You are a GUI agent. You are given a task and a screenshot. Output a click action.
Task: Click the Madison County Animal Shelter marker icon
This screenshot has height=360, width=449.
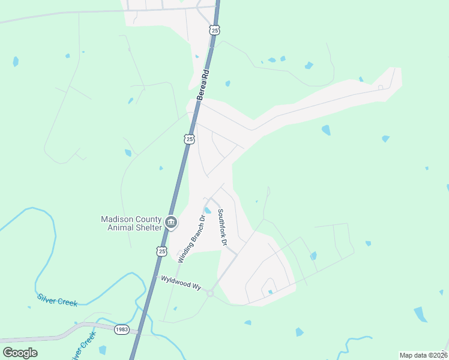point(171,223)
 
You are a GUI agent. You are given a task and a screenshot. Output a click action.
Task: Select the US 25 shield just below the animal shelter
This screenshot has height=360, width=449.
point(161,251)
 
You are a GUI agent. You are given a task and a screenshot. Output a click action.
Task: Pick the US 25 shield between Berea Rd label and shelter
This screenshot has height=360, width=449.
point(189,139)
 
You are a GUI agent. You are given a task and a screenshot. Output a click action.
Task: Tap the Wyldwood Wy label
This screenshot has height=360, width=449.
point(180,283)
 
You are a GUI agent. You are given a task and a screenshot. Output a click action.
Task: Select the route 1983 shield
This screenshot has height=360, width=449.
point(122,329)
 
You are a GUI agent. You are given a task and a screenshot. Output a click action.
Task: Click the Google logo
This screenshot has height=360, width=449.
point(20,353)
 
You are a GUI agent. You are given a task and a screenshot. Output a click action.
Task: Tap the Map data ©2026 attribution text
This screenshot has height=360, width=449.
point(423,355)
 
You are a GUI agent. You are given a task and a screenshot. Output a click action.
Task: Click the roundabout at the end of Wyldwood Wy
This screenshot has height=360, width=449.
point(210,293)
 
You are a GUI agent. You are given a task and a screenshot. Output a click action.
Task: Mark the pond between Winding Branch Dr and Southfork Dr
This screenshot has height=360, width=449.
point(207,211)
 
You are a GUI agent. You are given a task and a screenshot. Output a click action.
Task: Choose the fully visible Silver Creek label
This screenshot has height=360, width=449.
point(57,299)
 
